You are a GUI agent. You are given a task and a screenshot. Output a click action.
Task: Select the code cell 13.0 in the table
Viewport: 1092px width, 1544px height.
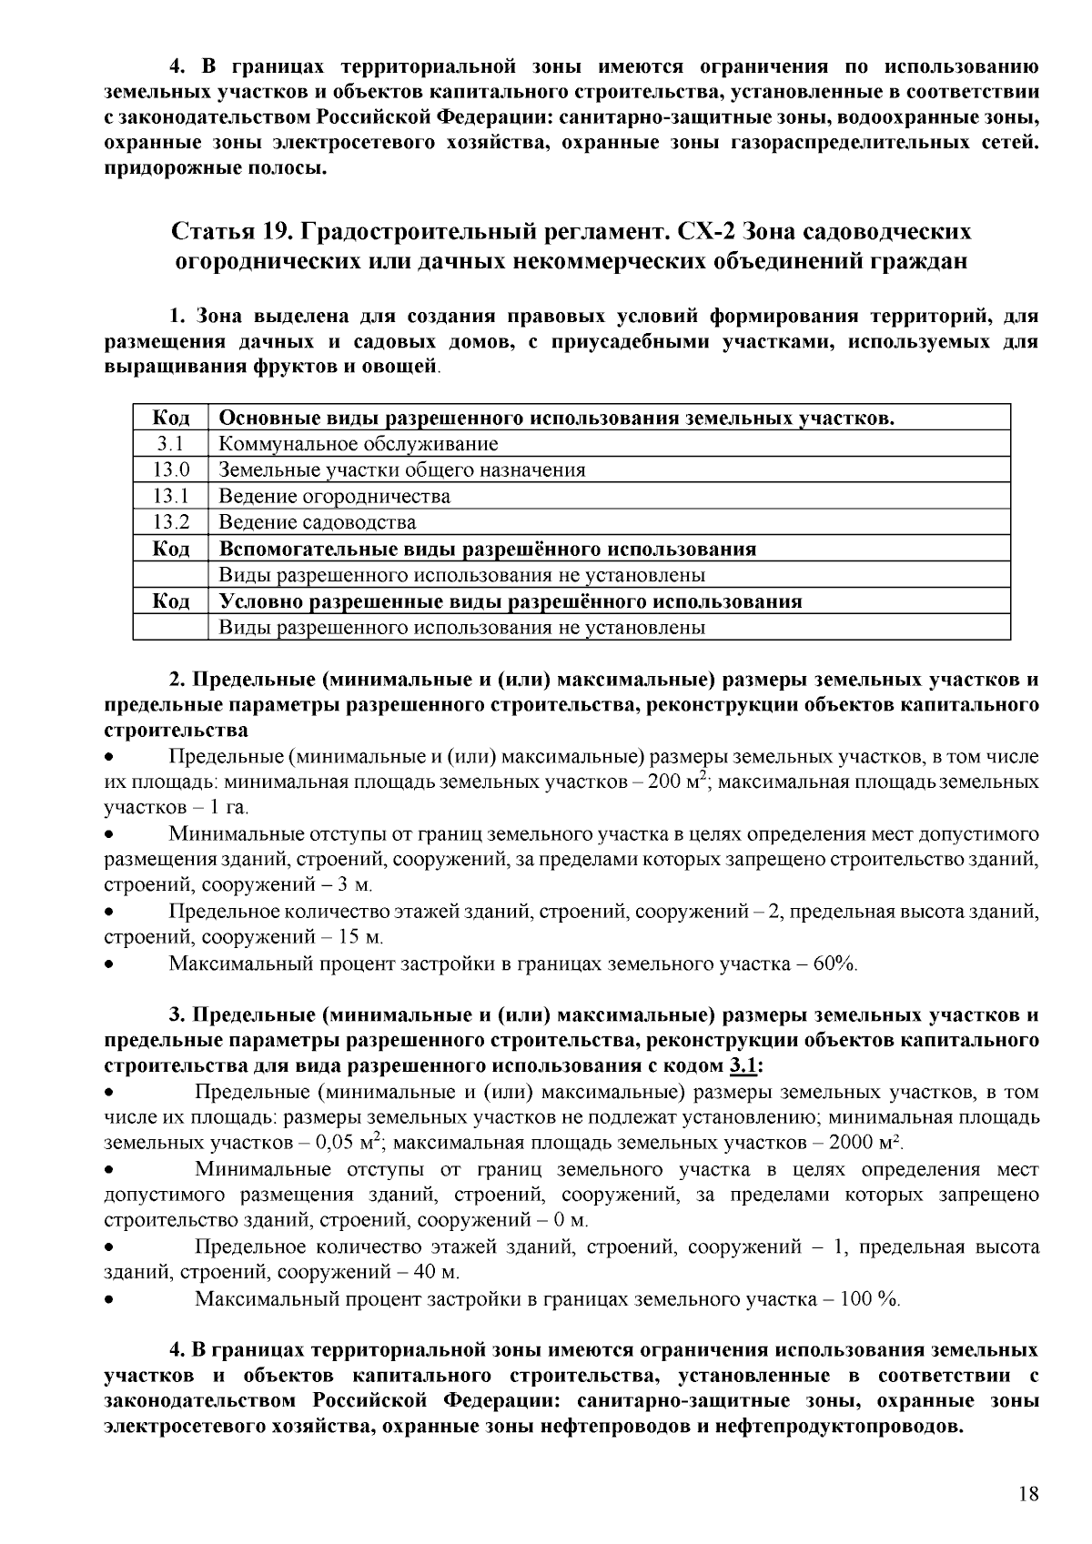click(170, 470)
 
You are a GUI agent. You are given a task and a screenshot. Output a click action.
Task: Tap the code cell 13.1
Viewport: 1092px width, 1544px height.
click(170, 497)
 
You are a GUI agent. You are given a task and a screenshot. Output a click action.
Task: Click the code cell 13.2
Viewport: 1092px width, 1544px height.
click(170, 523)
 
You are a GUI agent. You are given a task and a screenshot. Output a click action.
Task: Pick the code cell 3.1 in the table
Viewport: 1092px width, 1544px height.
click(170, 445)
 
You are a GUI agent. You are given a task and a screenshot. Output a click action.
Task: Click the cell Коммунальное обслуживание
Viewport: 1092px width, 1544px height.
click(359, 445)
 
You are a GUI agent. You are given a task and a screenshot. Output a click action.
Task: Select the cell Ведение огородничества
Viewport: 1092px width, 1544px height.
click(335, 497)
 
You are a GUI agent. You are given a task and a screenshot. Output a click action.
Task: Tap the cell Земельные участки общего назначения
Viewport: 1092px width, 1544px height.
click(402, 470)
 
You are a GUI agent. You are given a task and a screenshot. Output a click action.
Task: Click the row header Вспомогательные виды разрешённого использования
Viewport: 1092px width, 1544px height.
click(488, 550)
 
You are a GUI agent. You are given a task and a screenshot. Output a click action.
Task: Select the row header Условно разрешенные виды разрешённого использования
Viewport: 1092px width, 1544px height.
click(511, 602)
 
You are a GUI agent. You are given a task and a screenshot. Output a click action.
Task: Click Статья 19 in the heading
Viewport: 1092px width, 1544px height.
click(227, 231)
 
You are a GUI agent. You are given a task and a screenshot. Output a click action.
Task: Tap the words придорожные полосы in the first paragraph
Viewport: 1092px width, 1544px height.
click(215, 169)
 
